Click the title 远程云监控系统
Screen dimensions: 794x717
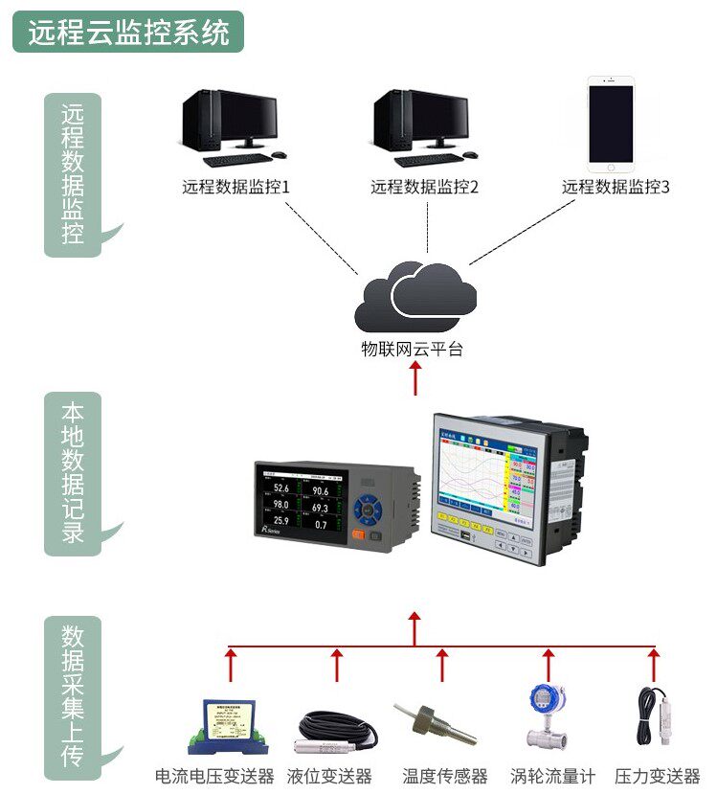128,33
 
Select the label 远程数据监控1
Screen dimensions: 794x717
235,187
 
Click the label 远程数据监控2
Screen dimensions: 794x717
424,187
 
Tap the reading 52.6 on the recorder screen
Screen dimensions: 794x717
280,490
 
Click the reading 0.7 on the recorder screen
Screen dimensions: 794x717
320,525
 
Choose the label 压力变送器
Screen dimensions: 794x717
657,776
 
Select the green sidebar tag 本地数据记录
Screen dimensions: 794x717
73,473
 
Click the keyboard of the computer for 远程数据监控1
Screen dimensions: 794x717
235,160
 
